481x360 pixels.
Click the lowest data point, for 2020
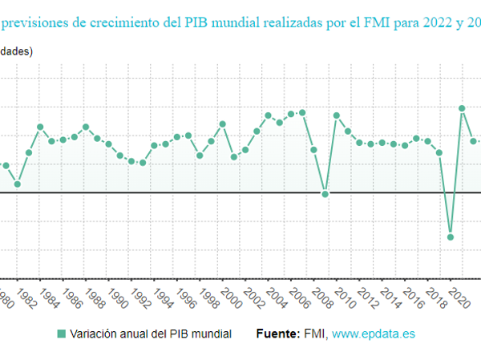point(451,237)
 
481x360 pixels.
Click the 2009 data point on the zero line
point(325,194)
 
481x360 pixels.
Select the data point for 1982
point(17,184)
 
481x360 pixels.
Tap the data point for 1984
point(40,127)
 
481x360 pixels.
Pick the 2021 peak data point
point(462,108)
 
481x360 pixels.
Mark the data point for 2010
point(337,115)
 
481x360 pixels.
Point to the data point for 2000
point(223,124)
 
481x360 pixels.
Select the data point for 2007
point(302,112)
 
